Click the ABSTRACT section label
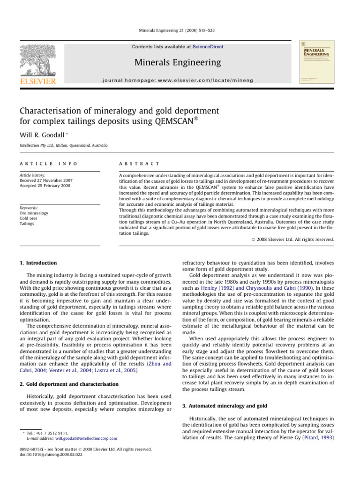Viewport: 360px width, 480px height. (140, 164)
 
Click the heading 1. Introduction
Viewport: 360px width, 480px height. (41, 263)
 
